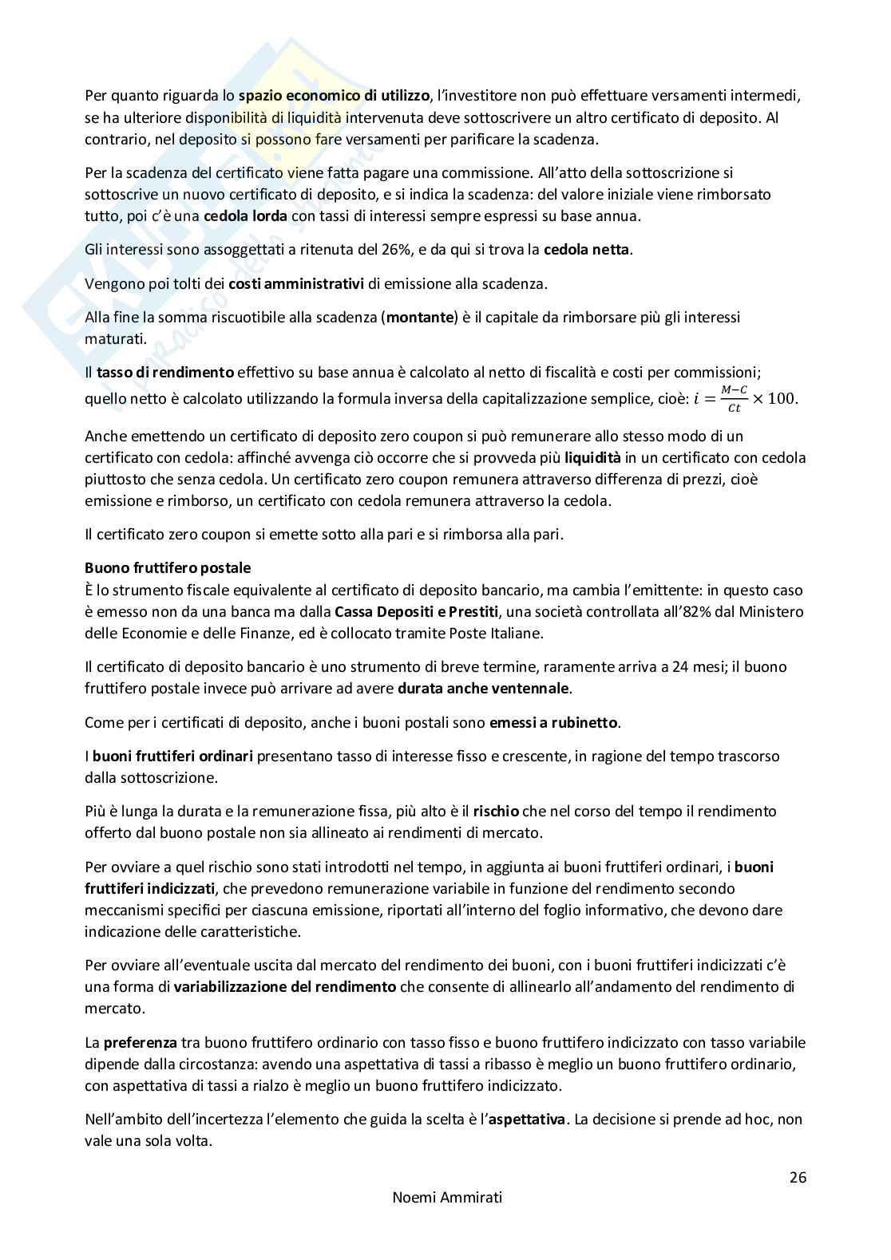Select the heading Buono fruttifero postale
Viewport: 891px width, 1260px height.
point(168,568)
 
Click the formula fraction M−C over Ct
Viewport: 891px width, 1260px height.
point(733,399)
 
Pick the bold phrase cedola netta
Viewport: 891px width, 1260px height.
point(587,250)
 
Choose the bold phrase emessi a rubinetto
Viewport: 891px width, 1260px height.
point(555,723)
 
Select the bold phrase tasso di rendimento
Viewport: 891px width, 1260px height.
point(165,373)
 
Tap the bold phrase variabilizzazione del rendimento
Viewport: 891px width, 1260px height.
point(285,986)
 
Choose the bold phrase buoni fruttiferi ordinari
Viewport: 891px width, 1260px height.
point(173,756)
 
